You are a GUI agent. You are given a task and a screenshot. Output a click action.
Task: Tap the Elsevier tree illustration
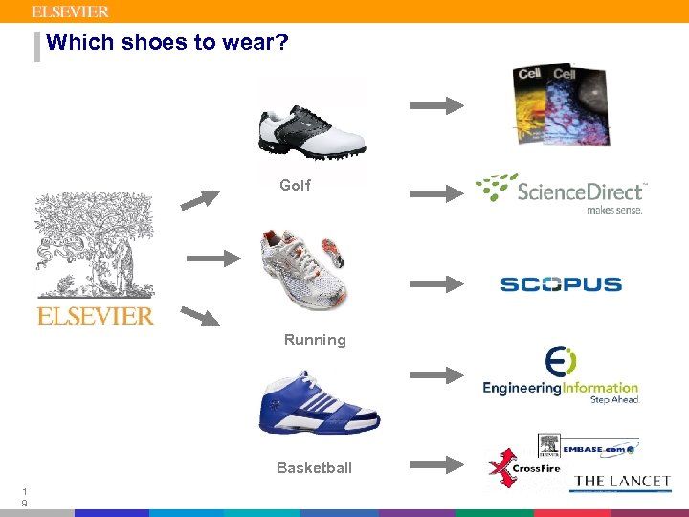(95, 245)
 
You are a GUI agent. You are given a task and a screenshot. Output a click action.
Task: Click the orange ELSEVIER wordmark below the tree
(95, 316)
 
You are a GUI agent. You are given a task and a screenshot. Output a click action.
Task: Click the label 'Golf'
(295, 186)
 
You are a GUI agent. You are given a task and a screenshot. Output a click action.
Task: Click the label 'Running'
(315, 340)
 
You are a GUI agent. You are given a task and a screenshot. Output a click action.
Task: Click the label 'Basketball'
(314, 468)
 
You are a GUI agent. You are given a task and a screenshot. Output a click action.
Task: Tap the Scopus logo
(561, 283)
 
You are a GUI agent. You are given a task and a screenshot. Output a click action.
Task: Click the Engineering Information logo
(560, 375)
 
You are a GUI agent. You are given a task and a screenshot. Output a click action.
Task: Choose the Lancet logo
(622, 482)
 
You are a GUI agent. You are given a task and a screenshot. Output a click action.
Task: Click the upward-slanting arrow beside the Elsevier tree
(200, 198)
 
